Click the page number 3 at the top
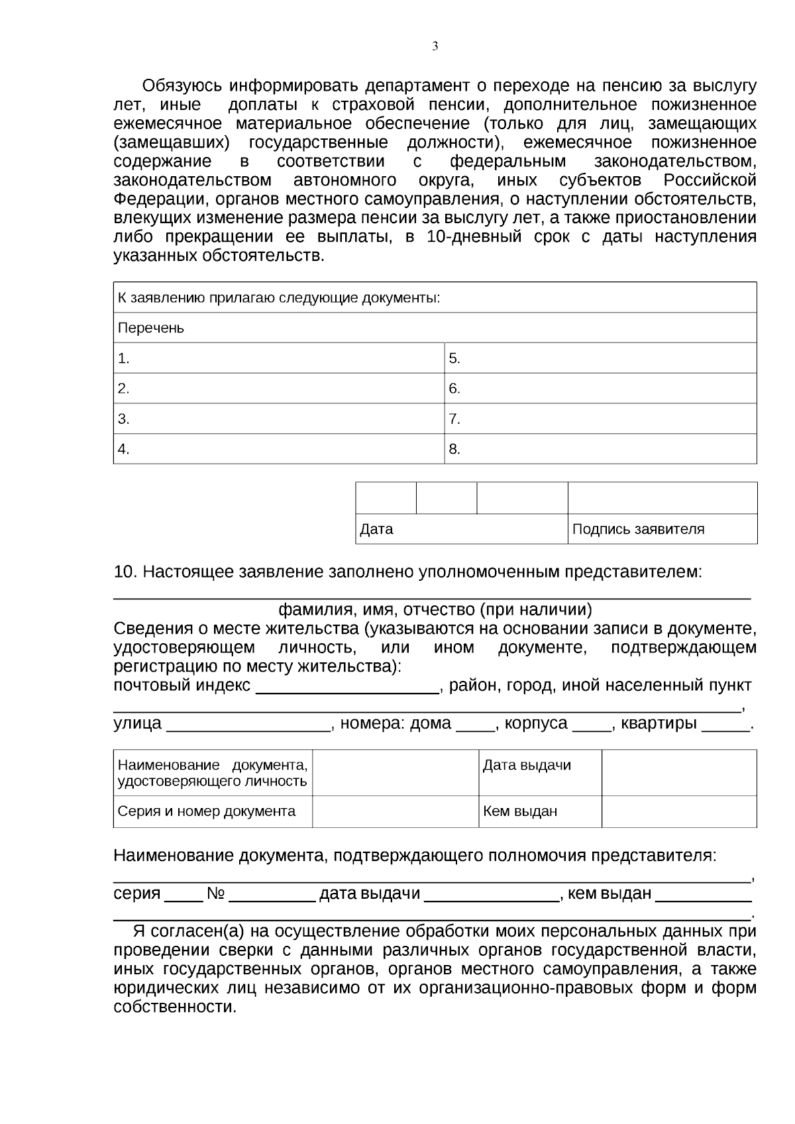pos(435,46)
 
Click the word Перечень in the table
pos(151,328)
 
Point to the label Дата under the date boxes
pos(376,529)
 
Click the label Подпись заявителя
pos(638,529)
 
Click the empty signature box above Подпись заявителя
pos(662,498)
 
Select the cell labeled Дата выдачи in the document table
pos(527,766)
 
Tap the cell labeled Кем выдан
pos(520,811)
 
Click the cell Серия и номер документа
pos(206,811)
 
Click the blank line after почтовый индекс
pos(347,689)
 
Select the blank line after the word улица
pos(248,727)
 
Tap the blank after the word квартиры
pos(725,727)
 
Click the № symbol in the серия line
pos(216,894)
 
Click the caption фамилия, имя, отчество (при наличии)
pos(435,609)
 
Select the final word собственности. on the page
pos(175,1007)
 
